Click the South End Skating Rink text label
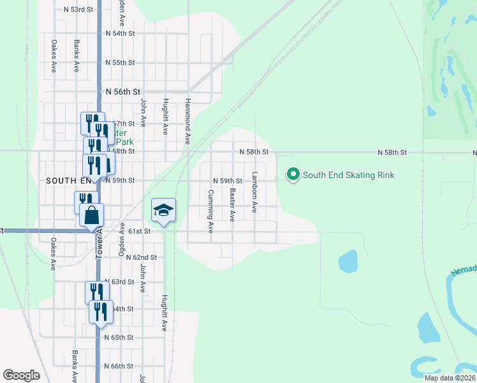pyautogui.click(x=348, y=175)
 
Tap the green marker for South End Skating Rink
pyautogui.click(x=293, y=174)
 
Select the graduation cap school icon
pyautogui.click(x=163, y=211)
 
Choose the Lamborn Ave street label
pyautogui.click(x=254, y=191)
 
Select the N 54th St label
pyautogui.click(x=120, y=33)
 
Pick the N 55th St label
pyautogui.click(x=120, y=63)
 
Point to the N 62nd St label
pyautogui.click(x=141, y=257)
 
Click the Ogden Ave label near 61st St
pyautogui.click(x=121, y=239)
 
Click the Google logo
pyautogui.click(x=21, y=375)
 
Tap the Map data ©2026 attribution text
pyautogui.click(x=449, y=378)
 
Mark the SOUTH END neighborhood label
pyautogui.click(x=64, y=181)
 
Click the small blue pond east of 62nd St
pyautogui.click(x=348, y=260)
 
